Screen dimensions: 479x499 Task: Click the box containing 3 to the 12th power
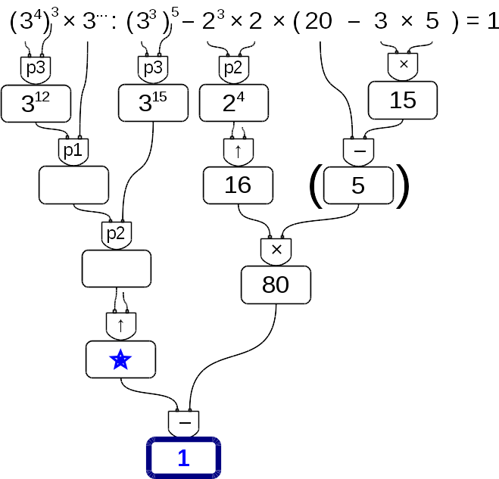(x=36, y=104)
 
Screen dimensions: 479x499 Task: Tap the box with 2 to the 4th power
(x=234, y=104)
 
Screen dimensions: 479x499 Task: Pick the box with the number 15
(x=403, y=100)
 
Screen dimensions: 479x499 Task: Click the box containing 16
(x=238, y=185)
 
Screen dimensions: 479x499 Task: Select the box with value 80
(x=276, y=285)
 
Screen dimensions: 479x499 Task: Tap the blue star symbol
(x=120, y=360)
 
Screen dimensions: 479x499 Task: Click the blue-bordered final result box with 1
(x=184, y=458)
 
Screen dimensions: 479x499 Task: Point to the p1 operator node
(x=73, y=151)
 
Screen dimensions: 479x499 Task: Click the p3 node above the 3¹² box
(x=36, y=68)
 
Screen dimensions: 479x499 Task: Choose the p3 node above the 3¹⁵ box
(x=153, y=68)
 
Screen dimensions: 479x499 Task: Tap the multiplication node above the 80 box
(x=276, y=249)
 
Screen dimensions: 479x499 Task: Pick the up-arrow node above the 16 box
(x=238, y=151)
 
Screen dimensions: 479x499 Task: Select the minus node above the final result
(x=184, y=422)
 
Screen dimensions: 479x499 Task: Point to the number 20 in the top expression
(x=319, y=22)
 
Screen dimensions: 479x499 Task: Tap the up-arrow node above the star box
(x=120, y=325)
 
